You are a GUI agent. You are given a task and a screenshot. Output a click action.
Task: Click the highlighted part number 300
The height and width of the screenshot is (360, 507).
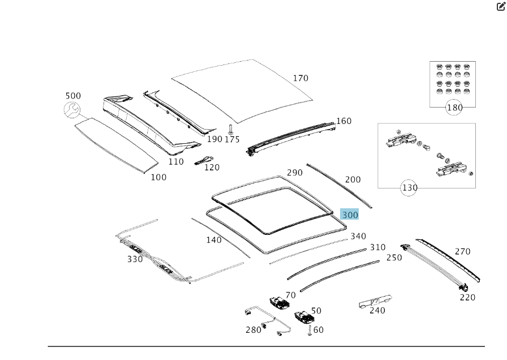pyautogui.click(x=350, y=215)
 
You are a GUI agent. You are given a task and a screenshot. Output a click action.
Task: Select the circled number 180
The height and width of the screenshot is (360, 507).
pyautogui.click(x=454, y=108)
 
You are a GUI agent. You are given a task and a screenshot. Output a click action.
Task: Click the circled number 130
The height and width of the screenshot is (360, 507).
pyautogui.click(x=409, y=187)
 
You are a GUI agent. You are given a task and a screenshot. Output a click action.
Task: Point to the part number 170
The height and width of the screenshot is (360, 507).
pyautogui.click(x=300, y=78)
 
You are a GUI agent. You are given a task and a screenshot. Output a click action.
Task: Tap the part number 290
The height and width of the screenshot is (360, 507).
pyautogui.click(x=294, y=173)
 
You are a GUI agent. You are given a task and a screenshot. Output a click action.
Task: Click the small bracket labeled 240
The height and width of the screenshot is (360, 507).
pyautogui.click(x=375, y=301)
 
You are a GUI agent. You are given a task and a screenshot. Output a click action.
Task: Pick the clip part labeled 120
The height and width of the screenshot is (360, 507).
pyautogui.click(x=203, y=160)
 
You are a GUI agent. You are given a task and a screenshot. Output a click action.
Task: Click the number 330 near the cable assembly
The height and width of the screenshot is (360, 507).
pyautogui.click(x=135, y=259)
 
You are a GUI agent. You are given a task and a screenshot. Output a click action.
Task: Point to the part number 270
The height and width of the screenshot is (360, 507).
pyautogui.click(x=462, y=251)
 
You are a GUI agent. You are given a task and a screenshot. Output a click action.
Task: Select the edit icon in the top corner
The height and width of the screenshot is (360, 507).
pyautogui.click(x=501, y=7)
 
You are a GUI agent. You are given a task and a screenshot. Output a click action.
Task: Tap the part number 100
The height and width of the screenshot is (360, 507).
pyautogui.click(x=158, y=177)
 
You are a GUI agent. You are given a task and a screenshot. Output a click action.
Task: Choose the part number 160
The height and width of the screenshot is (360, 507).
pyautogui.click(x=343, y=121)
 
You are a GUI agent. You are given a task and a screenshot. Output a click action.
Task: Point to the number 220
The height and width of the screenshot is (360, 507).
pyautogui.click(x=467, y=297)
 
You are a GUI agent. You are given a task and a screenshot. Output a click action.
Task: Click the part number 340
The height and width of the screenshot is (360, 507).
pyautogui.click(x=358, y=236)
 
